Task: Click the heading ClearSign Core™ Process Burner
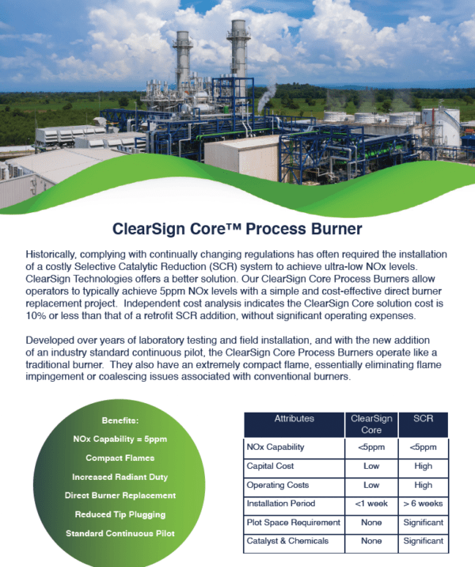[237, 230]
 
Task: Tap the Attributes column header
[294, 419]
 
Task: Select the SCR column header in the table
[423, 419]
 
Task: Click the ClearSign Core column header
[371, 424]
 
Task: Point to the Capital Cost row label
[271, 466]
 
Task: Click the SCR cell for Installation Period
[423, 504]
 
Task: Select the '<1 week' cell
[371, 504]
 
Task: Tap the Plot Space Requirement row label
[293, 523]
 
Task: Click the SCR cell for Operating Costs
[423, 485]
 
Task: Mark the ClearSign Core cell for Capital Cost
[371, 466]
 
